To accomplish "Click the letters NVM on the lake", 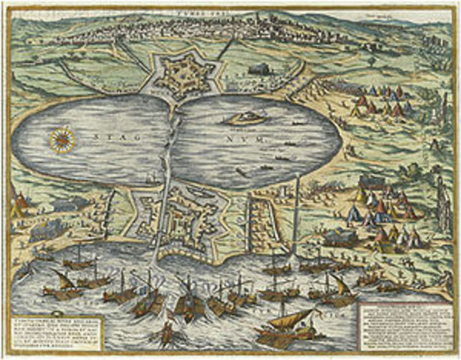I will point(256,138).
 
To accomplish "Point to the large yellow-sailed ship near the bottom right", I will point(287,322).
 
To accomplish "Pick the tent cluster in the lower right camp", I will point(379,210).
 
